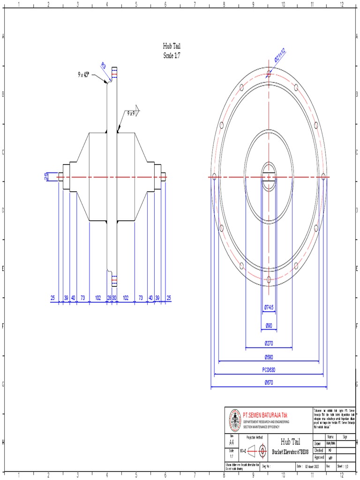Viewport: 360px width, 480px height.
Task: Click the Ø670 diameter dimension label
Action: coord(269,383)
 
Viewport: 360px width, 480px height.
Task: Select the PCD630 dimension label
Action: coord(269,370)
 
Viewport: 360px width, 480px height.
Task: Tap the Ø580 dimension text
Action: coord(269,357)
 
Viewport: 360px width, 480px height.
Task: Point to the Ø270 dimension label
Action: coord(269,343)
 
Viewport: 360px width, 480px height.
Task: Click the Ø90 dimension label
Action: coord(269,325)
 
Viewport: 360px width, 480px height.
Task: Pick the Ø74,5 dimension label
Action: coord(269,307)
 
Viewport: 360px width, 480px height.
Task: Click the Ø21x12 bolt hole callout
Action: coord(280,58)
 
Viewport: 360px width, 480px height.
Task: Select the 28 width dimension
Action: coord(109,298)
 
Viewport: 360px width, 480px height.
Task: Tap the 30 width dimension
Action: coord(114,298)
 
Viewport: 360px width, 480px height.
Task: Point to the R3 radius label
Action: coord(103,66)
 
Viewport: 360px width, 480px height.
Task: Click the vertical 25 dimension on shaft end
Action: coord(46,176)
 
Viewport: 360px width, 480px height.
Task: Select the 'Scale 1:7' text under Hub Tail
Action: coord(171,55)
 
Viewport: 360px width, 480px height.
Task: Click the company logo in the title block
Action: coord(234,420)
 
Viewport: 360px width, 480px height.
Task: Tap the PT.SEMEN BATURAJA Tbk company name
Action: coord(264,415)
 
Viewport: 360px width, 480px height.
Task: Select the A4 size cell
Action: coord(232,442)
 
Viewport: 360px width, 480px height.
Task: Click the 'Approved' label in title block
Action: coord(319,457)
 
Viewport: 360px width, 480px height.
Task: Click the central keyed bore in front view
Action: coord(269,176)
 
